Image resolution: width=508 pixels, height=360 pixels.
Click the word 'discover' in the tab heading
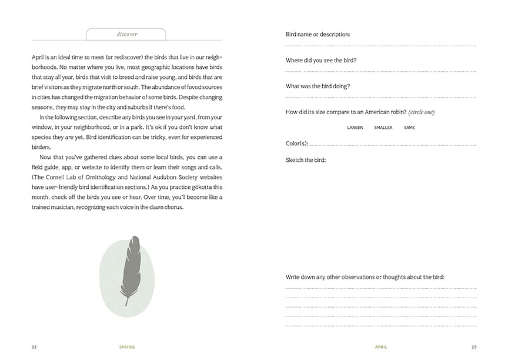[x=127, y=34]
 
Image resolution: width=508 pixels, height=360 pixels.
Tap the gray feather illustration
[x=129, y=271]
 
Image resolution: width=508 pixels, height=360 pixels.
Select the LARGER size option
[x=355, y=128]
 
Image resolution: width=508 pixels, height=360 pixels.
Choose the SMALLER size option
[x=383, y=128]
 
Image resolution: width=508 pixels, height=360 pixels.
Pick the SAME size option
[x=409, y=128]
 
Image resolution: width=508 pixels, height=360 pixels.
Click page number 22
[x=34, y=347]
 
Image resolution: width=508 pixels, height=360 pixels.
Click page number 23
[x=473, y=347]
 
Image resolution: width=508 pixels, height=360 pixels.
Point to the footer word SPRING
[x=126, y=347]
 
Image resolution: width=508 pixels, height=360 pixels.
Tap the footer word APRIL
[x=381, y=347]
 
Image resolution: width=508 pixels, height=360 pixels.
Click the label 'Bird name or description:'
[x=317, y=35]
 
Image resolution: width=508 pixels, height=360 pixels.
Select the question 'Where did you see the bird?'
[x=320, y=61]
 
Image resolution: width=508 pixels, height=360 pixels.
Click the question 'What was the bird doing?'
[x=317, y=86]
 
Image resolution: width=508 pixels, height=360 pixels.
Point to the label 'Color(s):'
[x=296, y=143]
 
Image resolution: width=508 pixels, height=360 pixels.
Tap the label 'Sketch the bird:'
[x=305, y=160]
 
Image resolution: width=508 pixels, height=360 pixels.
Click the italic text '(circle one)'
[x=422, y=112]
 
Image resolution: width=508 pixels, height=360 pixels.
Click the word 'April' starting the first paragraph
[x=38, y=57]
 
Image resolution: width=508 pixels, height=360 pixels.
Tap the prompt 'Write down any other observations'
[x=341, y=276]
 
